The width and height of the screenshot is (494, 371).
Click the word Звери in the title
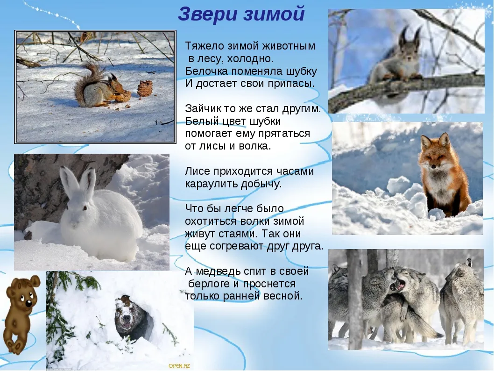click(x=207, y=14)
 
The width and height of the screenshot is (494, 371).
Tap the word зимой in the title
click(x=273, y=14)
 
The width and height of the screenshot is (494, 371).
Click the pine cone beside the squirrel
click(x=145, y=89)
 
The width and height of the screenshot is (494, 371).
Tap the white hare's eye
click(x=85, y=208)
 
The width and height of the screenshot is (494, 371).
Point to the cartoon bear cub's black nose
click(x=28, y=304)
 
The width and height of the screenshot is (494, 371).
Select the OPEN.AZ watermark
click(x=179, y=366)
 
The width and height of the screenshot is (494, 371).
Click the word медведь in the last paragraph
click(x=220, y=271)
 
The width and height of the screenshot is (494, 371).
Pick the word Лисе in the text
click(x=198, y=171)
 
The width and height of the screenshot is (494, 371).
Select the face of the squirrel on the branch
click(x=409, y=56)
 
